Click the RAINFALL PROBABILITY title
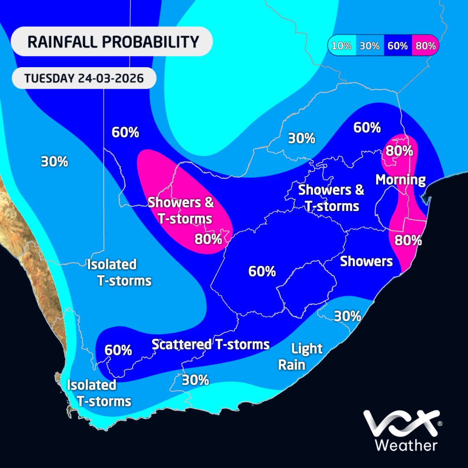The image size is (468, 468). [x=113, y=42]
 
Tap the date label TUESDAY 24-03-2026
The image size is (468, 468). [x=84, y=78]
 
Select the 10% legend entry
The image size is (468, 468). [x=342, y=45]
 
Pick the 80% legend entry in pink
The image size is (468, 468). [x=425, y=45]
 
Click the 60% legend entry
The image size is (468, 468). [x=397, y=45]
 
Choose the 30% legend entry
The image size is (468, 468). [x=370, y=45]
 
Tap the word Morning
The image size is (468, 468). [x=400, y=180]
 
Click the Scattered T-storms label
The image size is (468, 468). [x=211, y=344]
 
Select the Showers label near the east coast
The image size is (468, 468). [x=367, y=261]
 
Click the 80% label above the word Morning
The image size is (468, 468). [x=399, y=151]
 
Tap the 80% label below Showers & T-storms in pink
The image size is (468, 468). [x=208, y=238]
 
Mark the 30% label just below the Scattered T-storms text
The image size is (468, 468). [x=195, y=380]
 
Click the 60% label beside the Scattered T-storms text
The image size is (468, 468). [x=118, y=350]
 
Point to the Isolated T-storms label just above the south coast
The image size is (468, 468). [x=99, y=393]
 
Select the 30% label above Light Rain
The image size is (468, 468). [x=347, y=316]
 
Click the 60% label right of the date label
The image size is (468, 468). [x=125, y=132]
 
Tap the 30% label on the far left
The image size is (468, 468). [x=55, y=162]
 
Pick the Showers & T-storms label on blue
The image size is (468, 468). [x=331, y=198]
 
